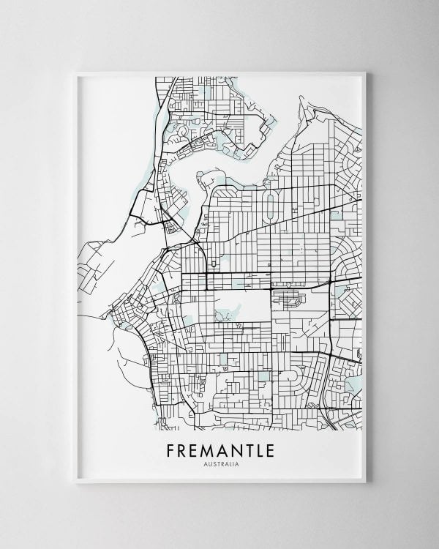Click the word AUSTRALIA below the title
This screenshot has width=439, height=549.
(x=219, y=462)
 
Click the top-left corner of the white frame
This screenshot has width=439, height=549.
(x=76, y=71)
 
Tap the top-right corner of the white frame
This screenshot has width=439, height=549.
(x=367, y=71)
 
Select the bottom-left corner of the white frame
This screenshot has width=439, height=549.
(x=76, y=482)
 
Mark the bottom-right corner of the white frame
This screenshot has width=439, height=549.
(x=367, y=482)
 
